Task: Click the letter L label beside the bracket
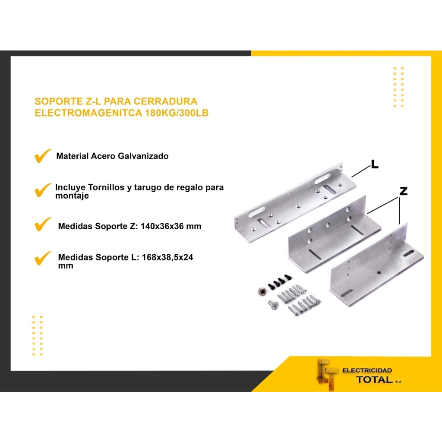(375, 164)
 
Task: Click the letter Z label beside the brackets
(404, 191)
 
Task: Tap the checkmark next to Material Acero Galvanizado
(43, 155)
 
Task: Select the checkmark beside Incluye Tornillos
(43, 190)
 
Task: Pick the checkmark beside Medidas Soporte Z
(43, 224)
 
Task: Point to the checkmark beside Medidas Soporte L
(43, 259)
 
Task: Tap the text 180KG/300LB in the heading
(177, 113)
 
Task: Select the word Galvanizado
(143, 156)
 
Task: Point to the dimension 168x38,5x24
(167, 257)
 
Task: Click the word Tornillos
(106, 187)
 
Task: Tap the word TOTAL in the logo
(375, 380)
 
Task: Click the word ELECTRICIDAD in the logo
(367, 370)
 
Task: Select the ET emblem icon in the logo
(328, 375)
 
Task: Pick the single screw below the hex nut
(273, 305)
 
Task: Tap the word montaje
(72, 196)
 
